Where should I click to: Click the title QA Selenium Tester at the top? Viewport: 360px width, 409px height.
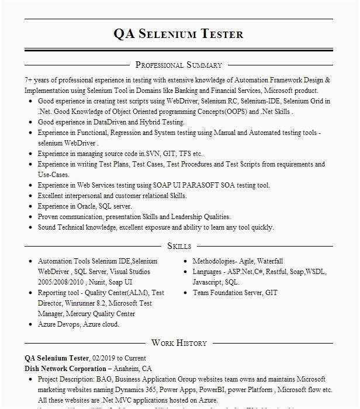coord(179,33)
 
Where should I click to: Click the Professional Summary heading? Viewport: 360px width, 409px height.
coord(179,65)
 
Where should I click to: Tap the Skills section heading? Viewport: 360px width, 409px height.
coord(179,246)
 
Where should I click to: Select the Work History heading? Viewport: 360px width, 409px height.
coord(179,343)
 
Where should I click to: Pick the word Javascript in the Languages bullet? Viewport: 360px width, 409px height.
coord(208,282)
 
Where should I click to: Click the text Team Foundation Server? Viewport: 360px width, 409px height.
coord(227,293)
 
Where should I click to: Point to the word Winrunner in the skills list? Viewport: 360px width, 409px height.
coord(81,303)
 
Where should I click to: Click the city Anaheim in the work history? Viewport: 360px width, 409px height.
coord(127,369)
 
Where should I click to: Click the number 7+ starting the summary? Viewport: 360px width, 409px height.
coord(29,80)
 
